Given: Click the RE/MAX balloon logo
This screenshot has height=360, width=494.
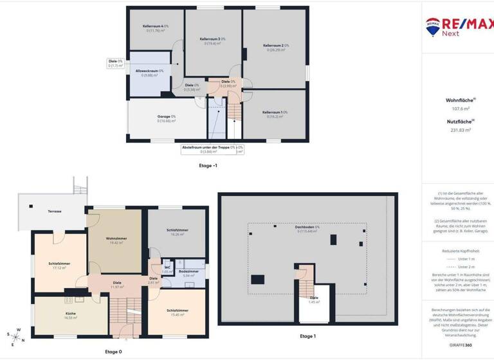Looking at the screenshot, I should point(433,26).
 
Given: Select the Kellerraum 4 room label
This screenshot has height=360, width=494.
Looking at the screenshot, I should point(155,26).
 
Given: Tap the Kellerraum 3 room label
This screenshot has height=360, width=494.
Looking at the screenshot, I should point(212,39).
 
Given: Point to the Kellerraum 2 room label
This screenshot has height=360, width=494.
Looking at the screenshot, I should point(276,46).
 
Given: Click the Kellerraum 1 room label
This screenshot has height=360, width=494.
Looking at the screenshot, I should point(275,113).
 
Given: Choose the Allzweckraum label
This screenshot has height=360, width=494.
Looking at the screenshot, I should point(149,71).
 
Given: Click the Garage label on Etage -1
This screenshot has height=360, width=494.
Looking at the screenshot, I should point(167,117).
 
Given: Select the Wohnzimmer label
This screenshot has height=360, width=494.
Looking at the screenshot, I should point(117,239).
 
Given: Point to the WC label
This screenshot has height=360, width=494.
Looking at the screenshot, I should point(167,267).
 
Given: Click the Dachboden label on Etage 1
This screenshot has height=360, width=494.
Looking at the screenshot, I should point(307,228).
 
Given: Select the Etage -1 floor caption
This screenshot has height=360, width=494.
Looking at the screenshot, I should point(208,165).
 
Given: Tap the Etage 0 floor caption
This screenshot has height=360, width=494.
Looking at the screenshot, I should point(113,352).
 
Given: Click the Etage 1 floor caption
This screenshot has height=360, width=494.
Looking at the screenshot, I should point(307,336).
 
